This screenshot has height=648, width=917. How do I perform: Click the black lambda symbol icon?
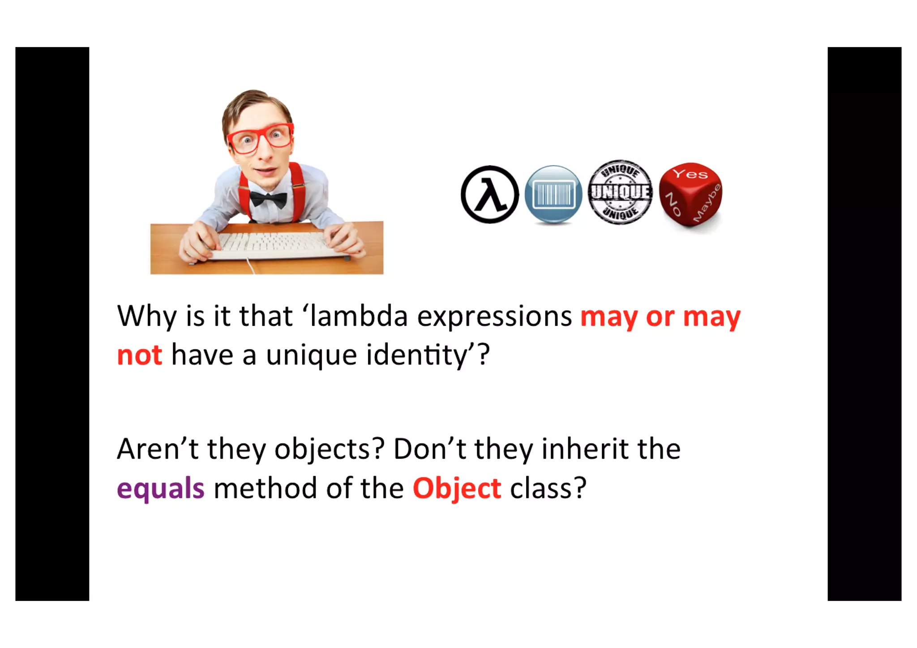489,194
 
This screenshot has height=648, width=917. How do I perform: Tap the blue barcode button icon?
553,194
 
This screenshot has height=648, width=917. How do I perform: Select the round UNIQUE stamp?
620,192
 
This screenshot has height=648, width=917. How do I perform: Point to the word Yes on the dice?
690,174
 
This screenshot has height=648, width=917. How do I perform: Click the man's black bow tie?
268,198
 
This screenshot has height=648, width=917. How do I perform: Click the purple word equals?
161,488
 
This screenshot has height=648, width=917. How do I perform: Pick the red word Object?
457,488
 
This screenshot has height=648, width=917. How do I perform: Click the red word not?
139,355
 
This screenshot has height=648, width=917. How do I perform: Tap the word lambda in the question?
359,316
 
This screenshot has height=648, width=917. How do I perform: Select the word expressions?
494,317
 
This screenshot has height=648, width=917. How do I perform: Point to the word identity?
417,355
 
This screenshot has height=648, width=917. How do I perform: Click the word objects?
330,449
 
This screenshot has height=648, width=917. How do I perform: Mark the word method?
265,488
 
